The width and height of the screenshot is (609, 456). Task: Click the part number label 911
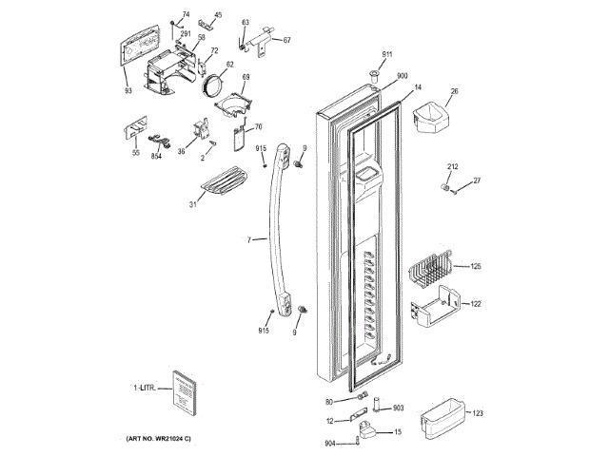387,53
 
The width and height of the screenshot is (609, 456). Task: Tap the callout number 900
403,76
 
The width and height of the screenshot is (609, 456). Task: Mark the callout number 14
417,86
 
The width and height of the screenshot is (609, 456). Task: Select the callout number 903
399,408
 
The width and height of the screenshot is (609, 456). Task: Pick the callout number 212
453,167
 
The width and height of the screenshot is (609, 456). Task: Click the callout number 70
258,126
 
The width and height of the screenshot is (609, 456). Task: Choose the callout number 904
329,444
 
